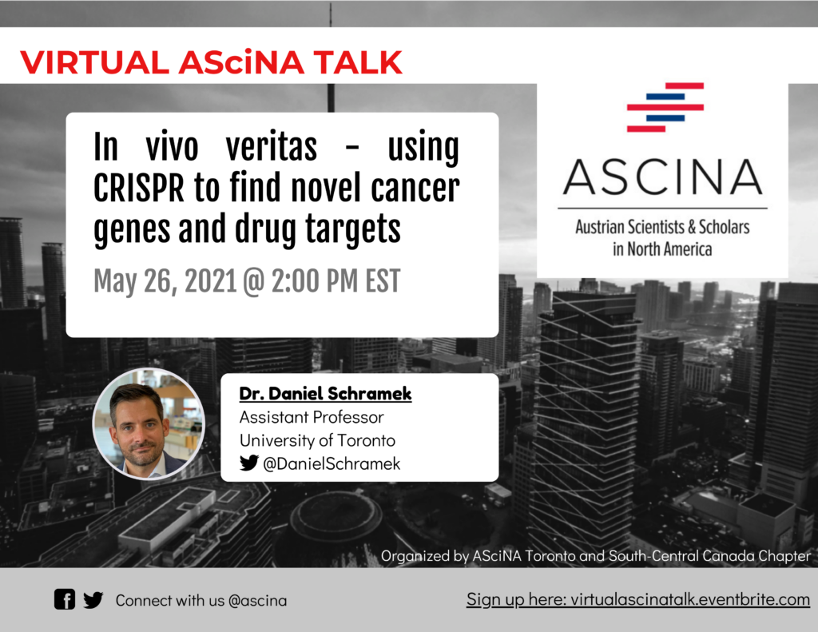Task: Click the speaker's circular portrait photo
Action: coord(149,423)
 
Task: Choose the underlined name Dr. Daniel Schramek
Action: coord(325,394)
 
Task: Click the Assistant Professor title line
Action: coord(312,417)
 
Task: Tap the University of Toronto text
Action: coord(317,440)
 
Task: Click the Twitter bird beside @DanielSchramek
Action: coord(249,463)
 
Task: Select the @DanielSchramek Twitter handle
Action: coord(332,463)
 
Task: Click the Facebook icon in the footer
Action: coord(65,599)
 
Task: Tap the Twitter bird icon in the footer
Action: coord(93,599)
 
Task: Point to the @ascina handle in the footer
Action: coord(257,600)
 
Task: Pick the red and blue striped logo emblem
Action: coord(665,107)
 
